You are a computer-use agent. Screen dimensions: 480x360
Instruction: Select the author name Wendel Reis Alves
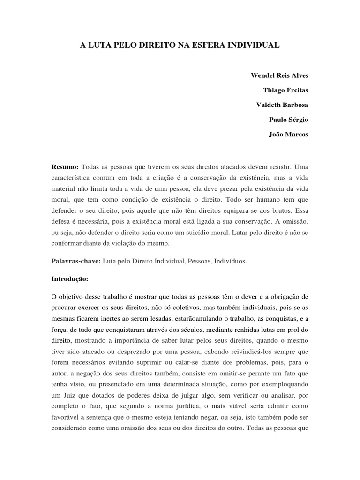point(280,75)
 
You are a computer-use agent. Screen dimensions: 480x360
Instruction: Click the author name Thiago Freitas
point(286,90)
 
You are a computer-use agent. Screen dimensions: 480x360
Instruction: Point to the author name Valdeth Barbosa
point(282,105)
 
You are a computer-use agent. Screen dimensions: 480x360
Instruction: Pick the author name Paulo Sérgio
point(289,120)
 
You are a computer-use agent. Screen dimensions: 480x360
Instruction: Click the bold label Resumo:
point(65,167)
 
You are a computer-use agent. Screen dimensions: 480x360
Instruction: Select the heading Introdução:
point(69,278)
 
